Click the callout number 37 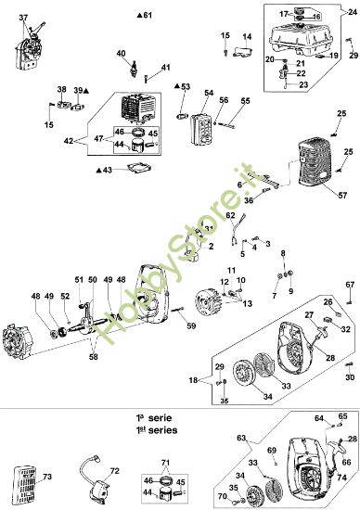[23, 19]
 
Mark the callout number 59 [191, 325]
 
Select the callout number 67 [351, 284]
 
